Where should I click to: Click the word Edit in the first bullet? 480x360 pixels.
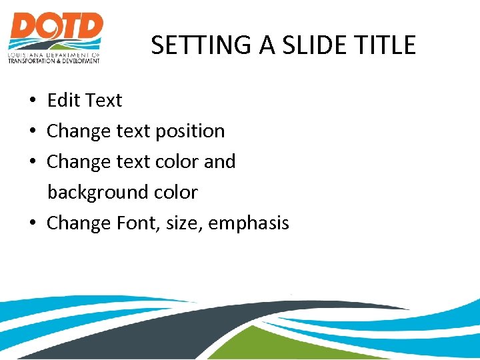tap(63, 101)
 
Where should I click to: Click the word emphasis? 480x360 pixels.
tap(249, 223)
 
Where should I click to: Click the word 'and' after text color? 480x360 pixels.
tap(221, 162)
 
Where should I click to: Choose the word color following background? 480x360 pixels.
tap(175, 193)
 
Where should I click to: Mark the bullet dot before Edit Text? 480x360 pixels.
tap(32, 101)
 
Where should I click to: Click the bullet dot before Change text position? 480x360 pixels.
tap(32, 132)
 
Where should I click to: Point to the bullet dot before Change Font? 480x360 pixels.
tap(32, 224)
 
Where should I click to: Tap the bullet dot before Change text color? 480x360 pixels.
tap(32, 163)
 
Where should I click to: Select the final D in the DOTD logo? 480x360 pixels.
tap(89, 28)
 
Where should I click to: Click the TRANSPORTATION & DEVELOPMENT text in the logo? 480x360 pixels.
tap(53, 61)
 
